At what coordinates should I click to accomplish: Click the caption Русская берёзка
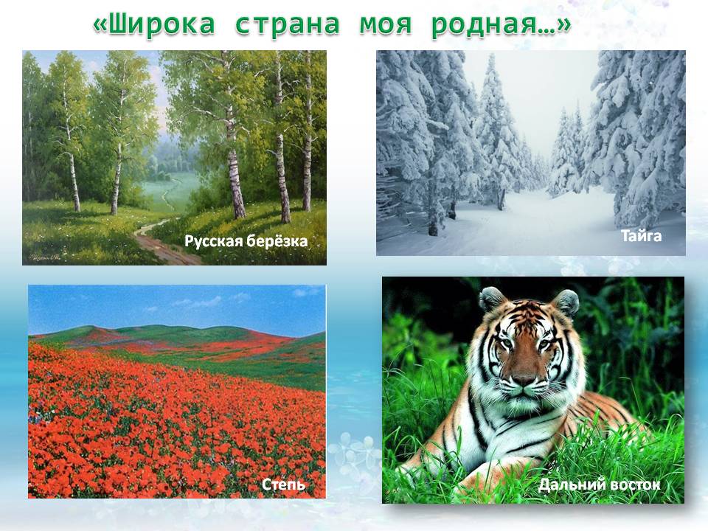[246, 240]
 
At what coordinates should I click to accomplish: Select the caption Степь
[283, 485]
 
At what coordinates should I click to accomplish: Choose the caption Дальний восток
[598, 485]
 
